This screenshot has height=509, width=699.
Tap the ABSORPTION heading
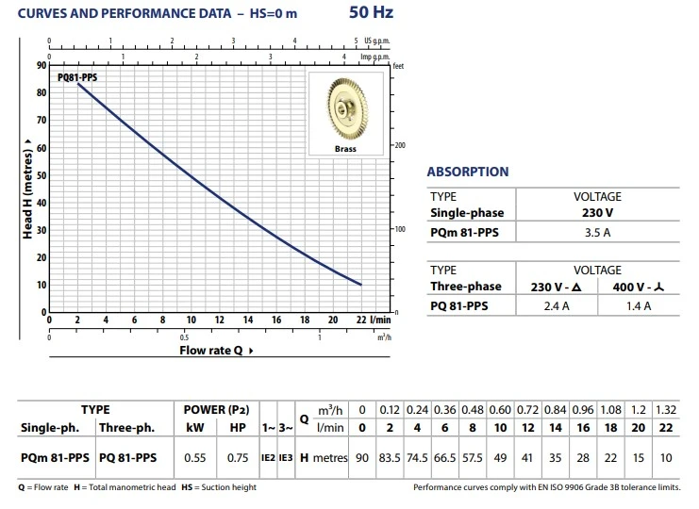pos(467,172)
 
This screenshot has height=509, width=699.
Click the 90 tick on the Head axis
pos(41,65)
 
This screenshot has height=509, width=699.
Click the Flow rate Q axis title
pos(216,350)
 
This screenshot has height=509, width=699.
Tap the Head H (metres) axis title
pos(28,189)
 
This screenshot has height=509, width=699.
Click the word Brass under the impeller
pos(344,149)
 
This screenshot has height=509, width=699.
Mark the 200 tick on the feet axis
pos(400,145)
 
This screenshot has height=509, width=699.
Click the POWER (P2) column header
pos(216,410)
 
